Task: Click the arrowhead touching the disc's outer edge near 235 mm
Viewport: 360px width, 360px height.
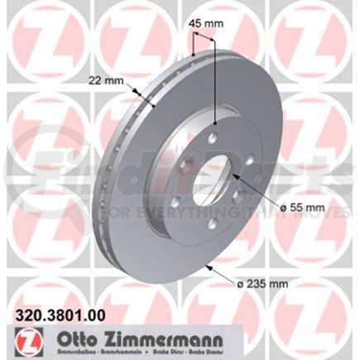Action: click(x=205, y=267)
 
